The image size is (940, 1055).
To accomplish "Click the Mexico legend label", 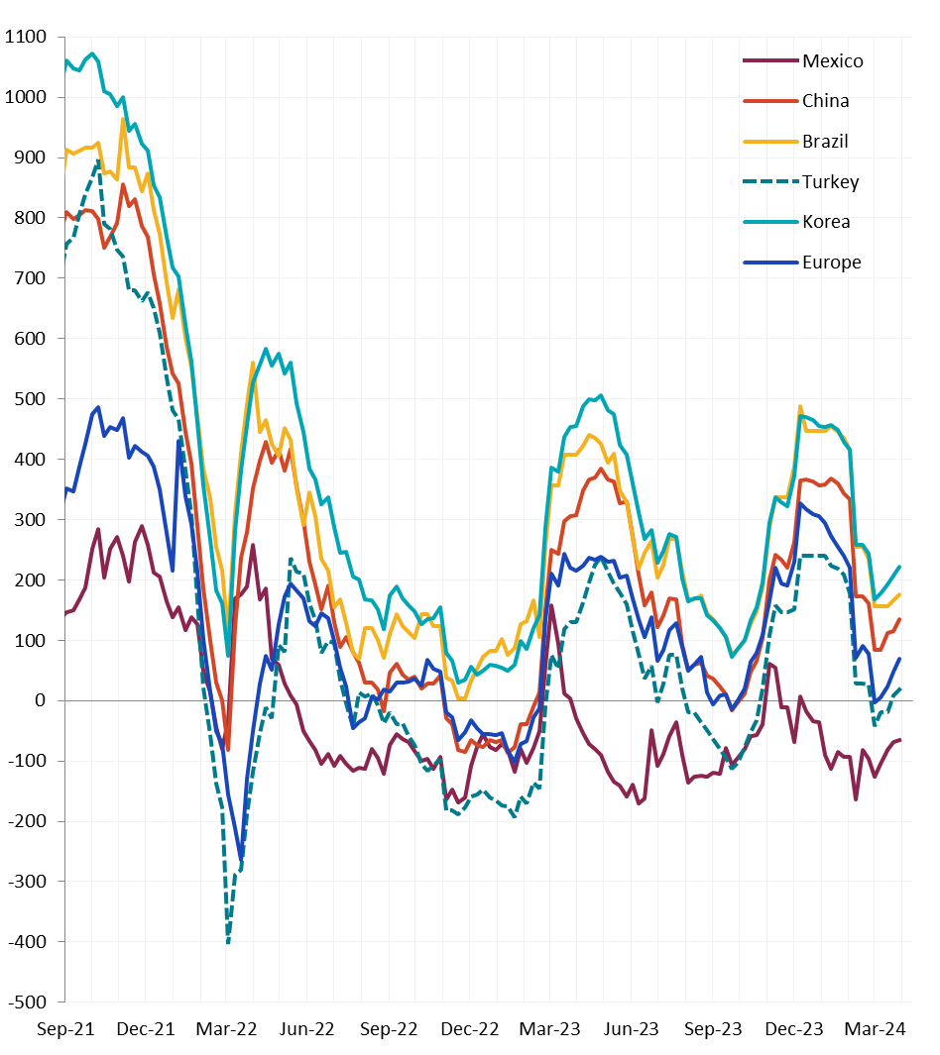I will coord(833,61).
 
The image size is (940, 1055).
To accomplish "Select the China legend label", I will coord(826,101).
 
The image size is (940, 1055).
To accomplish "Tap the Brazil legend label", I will coord(826,142).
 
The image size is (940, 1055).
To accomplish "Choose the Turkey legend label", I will coord(831,182).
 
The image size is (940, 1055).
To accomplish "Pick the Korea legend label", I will coord(826,222).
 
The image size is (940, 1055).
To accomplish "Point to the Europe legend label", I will coord(832,263).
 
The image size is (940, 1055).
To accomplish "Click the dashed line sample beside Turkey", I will coord(770,182).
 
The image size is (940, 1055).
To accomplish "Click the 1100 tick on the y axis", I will coord(26,38).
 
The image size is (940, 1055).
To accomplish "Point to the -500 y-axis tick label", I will coord(26,1002).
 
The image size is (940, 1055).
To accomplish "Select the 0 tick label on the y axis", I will coord(41,700).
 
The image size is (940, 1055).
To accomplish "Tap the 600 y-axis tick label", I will coord(31,339).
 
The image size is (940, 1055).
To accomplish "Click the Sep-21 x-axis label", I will coord(65,1029).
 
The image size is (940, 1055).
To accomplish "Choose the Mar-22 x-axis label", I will coord(228,1029).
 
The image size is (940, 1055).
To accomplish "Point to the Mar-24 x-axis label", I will coord(876,1029).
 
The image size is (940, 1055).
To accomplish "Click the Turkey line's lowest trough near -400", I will coord(228,941).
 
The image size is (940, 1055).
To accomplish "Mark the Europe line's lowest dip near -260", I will coord(241,857).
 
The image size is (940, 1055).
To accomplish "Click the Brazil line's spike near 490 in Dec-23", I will coord(800,406).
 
